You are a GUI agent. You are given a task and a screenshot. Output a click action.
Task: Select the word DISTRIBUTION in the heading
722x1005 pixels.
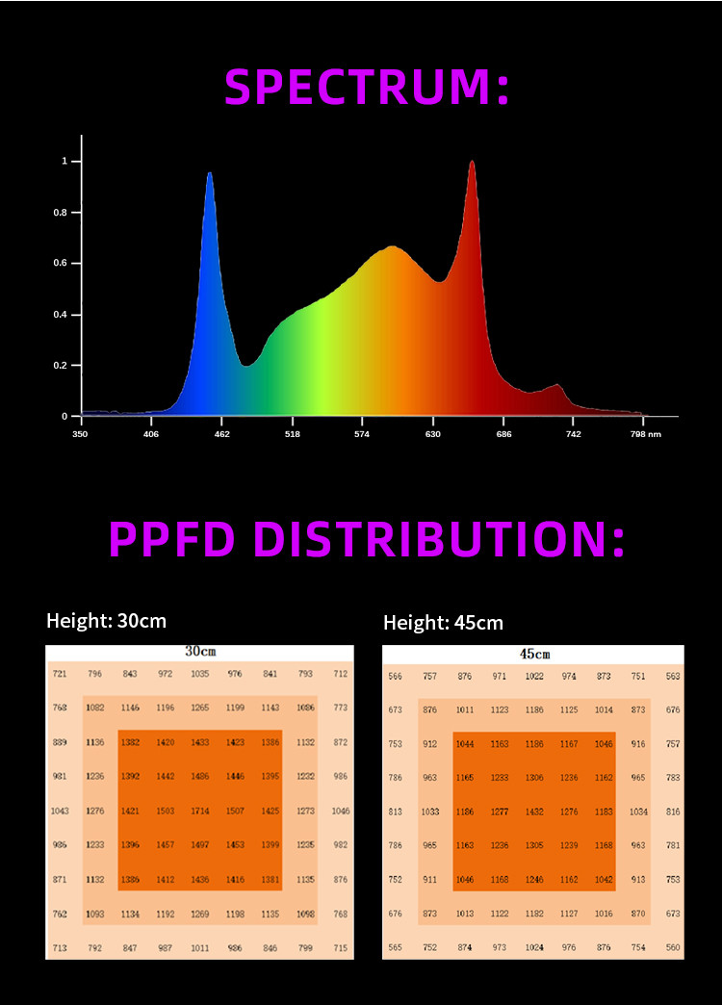click(x=433, y=539)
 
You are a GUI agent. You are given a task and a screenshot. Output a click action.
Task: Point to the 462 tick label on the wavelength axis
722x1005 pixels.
click(x=221, y=434)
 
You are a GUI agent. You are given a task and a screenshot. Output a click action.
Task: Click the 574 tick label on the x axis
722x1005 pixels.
click(x=362, y=434)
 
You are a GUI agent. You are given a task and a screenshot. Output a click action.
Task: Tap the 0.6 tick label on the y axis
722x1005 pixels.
click(x=61, y=263)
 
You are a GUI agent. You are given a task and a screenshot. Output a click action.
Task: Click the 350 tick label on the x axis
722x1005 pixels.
click(x=81, y=434)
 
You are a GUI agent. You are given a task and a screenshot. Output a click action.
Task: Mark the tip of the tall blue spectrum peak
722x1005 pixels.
click(x=209, y=173)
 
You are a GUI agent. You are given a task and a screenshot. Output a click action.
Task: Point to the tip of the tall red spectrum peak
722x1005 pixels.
click(x=472, y=162)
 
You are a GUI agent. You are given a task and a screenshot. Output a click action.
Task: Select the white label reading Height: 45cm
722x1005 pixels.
click(x=443, y=623)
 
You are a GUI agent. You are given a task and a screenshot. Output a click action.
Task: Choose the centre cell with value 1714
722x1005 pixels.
click(x=200, y=812)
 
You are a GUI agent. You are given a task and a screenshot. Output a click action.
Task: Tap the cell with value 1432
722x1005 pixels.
click(x=534, y=812)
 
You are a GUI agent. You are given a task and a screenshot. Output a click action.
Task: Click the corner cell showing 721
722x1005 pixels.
click(x=60, y=674)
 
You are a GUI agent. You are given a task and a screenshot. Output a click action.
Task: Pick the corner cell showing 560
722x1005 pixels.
click(x=673, y=947)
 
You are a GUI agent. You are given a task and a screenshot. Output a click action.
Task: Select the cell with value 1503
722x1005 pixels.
click(x=166, y=812)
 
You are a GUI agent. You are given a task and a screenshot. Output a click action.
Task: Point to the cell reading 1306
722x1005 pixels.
click(x=534, y=778)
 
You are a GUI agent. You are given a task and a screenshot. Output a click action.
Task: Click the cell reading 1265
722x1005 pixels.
click(x=200, y=708)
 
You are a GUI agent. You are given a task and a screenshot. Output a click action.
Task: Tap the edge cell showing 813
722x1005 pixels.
click(x=395, y=812)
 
